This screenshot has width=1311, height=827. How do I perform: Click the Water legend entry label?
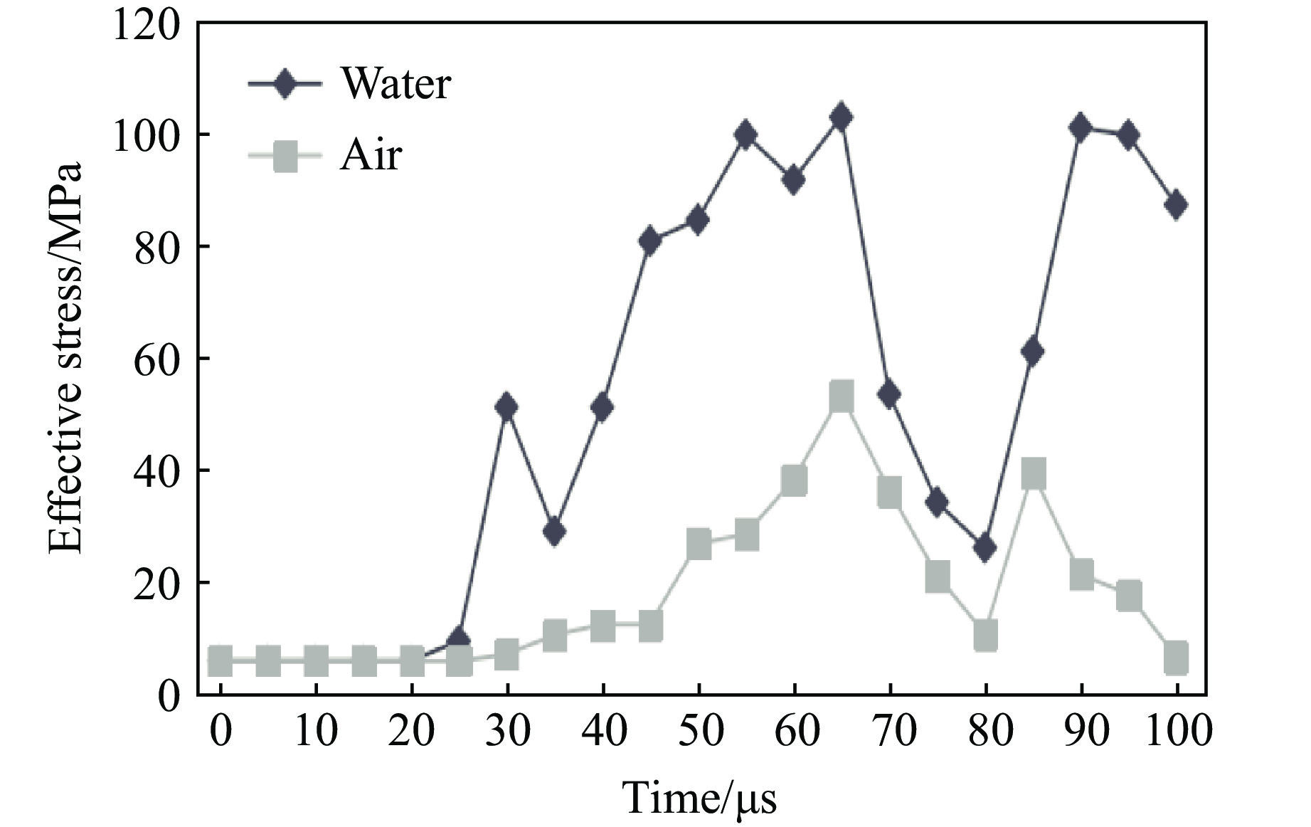click(x=396, y=84)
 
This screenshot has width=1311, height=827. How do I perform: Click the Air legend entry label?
click(x=371, y=154)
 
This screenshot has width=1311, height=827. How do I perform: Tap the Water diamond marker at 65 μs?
click(x=841, y=117)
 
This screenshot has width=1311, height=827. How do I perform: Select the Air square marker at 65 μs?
click(x=841, y=396)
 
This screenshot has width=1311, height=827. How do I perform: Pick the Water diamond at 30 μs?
click(x=506, y=407)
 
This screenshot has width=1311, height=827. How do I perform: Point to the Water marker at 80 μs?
click(x=985, y=548)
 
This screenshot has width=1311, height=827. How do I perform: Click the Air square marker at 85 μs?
click(x=1033, y=473)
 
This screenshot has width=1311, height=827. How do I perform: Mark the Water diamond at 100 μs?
click(x=1177, y=205)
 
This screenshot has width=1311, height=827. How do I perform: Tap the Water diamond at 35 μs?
click(x=554, y=531)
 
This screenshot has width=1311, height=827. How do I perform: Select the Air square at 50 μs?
click(x=699, y=544)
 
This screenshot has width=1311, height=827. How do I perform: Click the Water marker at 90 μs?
click(x=1081, y=129)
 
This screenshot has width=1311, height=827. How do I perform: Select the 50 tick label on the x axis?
click(x=699, y=731)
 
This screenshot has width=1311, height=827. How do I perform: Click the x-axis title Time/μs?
click(x=700, y=797)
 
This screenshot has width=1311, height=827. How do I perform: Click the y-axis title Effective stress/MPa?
click(x=65, y=359)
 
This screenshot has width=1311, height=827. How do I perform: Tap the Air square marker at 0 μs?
click(x=220, y=661)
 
